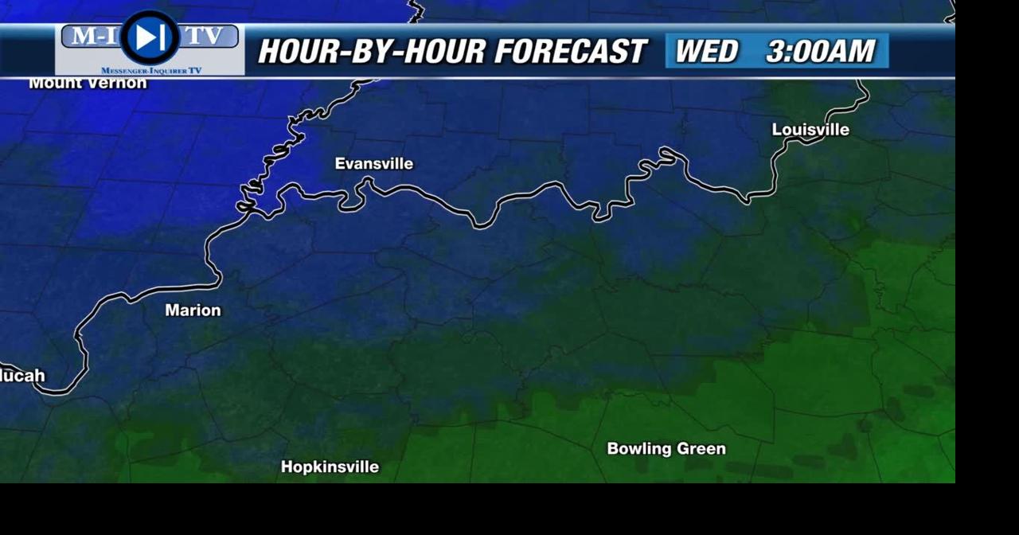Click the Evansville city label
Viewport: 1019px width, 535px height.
pyautogui.click(x=373, y=164)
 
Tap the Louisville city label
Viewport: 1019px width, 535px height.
pyautogui.click(x=810, y=130)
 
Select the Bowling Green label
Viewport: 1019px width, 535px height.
pyautogui.click(x=666, y=449)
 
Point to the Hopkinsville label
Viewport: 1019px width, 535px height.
pyautogui.click(x=330, y=467)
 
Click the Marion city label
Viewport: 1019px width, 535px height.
pyautogui.click(x=193, y=310)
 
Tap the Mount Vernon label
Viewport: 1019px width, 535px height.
pyautogui.click(x=88, y=83)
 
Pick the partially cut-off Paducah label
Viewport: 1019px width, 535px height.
pyautogui.click(x=22, y=376)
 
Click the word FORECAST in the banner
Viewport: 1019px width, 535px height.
pyautogui.click(x=569, y=53)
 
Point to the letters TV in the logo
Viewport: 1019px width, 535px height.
pyautogui.click(x=205, y=36)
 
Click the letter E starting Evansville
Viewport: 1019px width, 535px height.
pyautogui.click(x=340, y=164)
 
